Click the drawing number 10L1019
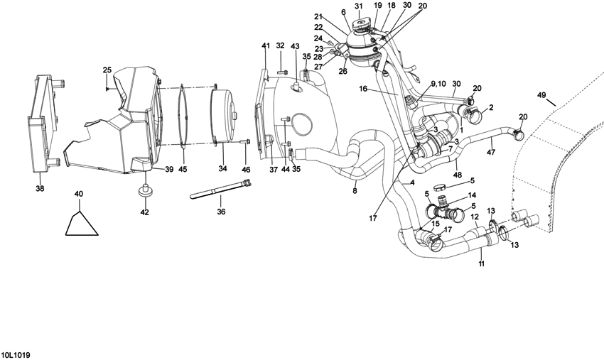click(16, 355)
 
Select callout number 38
click(40, 188)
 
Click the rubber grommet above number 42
click(145, 191)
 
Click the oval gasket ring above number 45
click(183, 116)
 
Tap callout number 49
click(541, 94)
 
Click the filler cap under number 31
click(360, 27)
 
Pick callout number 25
click(107, 70)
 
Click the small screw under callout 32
click(282, 72)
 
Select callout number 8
click(355, 190)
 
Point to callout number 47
click(491, 152)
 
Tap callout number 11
click(482, 263)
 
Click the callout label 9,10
click(438, 84)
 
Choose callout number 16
click(364, 89)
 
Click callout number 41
click(266, 46)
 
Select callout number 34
click(222, 168)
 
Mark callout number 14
click(472, 195)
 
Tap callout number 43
click(295, 47)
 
